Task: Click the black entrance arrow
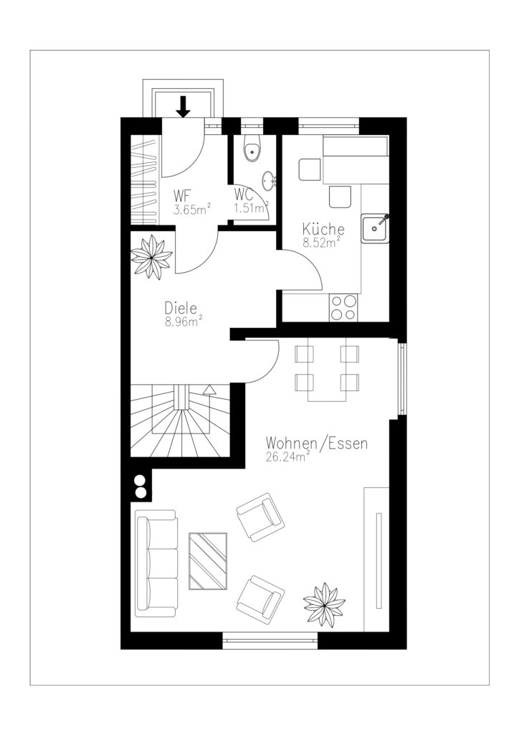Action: [184, 106]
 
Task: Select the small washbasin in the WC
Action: [270, 182]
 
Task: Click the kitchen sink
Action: [375, 228]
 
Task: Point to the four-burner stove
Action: [343, 307]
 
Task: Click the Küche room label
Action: [323, 229]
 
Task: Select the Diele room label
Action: [181, 308]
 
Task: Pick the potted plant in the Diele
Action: [151, 256]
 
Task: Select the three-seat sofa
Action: [156, 563]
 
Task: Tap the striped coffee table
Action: [208, 561]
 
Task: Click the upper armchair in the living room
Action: [259, 517]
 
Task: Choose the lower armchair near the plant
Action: [260, 600]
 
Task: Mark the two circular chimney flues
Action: [140, 486]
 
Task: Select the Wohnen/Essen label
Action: [316, 444]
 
